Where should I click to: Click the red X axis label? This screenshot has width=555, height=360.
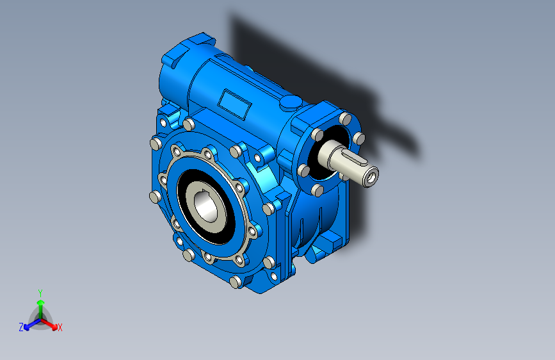[60, 327]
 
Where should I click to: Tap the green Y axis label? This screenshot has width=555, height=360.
[40, 293]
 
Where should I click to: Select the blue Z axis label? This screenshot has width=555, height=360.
[21, 327]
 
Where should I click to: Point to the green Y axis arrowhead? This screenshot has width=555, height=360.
[41, 302]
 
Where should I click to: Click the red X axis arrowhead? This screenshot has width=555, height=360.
[54, 326]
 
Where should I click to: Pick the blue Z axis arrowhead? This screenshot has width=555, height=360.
[26, 327]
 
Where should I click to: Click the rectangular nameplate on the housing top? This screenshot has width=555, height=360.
[234, 104]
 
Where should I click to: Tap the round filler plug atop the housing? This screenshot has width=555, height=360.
[291, 102]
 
